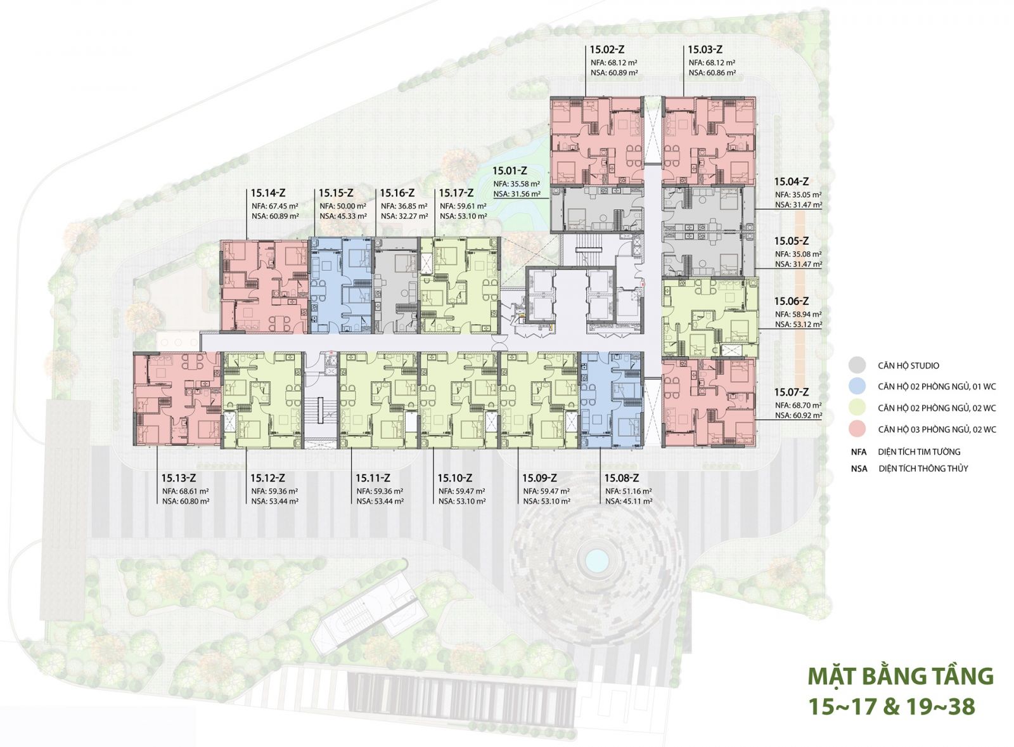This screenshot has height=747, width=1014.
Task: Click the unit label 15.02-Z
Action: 608,49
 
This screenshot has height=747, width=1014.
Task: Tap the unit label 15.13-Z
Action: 179,478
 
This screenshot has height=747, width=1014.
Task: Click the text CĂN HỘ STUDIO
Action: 908,365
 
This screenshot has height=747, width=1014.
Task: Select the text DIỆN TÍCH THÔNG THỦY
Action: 923,469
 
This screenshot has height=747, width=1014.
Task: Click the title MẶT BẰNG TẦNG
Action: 901,676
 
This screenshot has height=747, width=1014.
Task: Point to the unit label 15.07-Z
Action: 792,392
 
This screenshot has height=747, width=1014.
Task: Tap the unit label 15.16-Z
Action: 397,193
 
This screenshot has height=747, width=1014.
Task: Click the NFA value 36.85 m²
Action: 412,205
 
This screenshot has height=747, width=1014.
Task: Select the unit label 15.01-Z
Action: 510,171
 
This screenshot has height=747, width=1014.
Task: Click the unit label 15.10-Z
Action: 454,478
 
